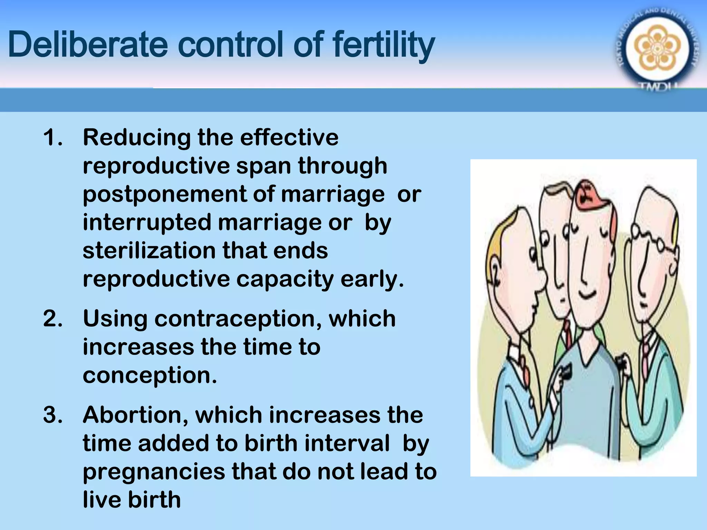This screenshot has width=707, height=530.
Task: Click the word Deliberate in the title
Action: pos(88,45)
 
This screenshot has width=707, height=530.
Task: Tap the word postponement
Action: pos(164,195)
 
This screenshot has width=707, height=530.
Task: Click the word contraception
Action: pos(238,318)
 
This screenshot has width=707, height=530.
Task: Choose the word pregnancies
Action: pos(154,472)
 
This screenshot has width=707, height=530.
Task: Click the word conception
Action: pos(150,375)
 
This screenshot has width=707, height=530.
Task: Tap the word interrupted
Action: pos(147,223)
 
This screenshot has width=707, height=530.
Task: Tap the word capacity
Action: pos(285,279)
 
